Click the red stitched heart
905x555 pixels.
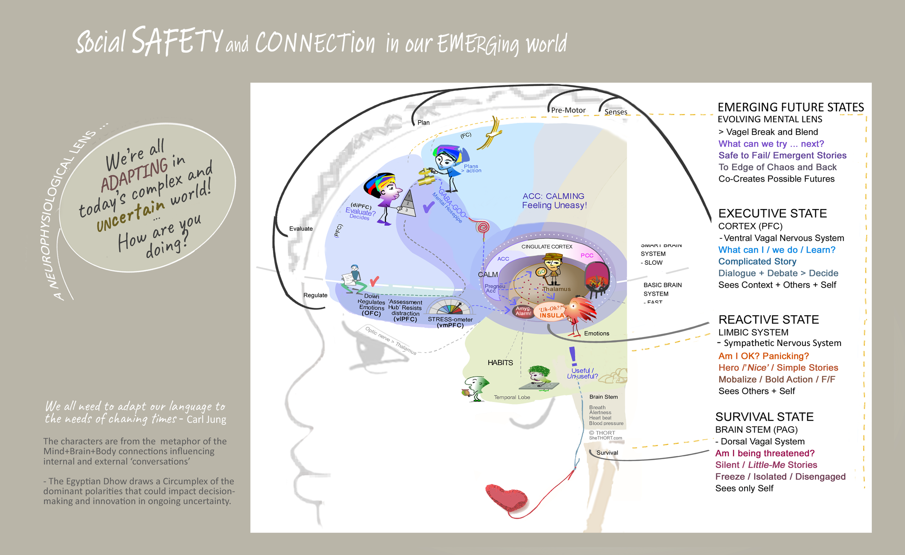click(x=506, y=498)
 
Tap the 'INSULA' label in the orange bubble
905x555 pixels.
click(x=552, y=315)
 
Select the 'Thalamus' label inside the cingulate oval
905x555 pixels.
click(x=557, y=289)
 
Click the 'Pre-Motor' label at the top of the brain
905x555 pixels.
click(x=568, y=110)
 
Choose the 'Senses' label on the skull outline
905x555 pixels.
click(x=616, y=112)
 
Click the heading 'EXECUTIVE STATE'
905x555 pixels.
click(x=773, y=213)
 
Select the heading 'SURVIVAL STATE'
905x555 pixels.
click(x=764, y=417)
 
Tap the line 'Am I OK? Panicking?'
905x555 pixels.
click(x=763, y=356)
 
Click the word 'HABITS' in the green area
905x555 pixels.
click(x=500, y=363)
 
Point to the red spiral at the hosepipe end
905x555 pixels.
click(x=483, y=227)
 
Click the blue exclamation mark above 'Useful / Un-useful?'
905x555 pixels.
click(x=572, y=356)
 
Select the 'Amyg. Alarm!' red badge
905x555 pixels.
click(x=523, y=311)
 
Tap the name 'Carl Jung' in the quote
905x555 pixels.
click(x=206, y=419)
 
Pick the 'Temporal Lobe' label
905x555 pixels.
click(x=512, y=397)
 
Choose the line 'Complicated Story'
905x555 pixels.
click(x=757, y=261)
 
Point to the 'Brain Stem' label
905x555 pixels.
click(x=603, y=397)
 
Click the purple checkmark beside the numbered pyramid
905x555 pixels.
click(x=428, y=208)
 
